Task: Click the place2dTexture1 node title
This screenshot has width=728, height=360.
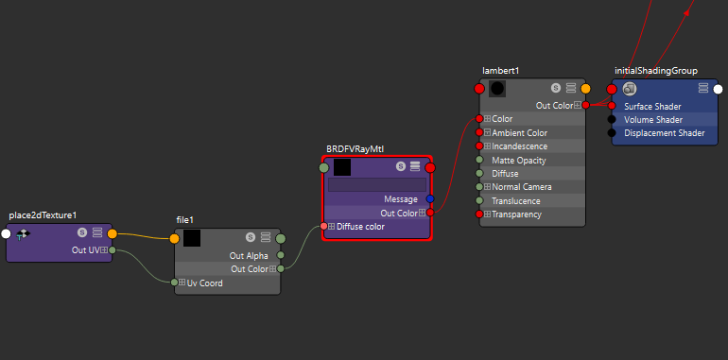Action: point(43,215)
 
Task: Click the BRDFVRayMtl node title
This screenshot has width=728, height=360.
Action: point(355,149)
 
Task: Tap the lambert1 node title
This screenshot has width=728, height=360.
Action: point(500,71)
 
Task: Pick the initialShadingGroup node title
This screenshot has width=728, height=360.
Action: point(655,71)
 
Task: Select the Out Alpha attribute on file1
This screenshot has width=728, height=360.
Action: point(249,255)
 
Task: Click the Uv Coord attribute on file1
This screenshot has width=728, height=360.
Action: point(203,283)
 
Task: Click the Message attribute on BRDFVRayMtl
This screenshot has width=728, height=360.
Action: point(401,199)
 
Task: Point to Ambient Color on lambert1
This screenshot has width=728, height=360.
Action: point(519,133)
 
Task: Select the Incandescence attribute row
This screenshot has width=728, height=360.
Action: point(522,146)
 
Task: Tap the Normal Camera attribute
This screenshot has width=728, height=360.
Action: point(523,187)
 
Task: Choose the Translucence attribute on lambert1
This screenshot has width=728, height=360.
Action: point(516,201)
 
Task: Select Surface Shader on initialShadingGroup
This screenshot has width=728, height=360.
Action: point(652,106)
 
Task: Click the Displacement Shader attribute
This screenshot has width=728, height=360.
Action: point(665,133)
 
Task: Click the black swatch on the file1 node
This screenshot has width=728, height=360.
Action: point(192,238)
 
